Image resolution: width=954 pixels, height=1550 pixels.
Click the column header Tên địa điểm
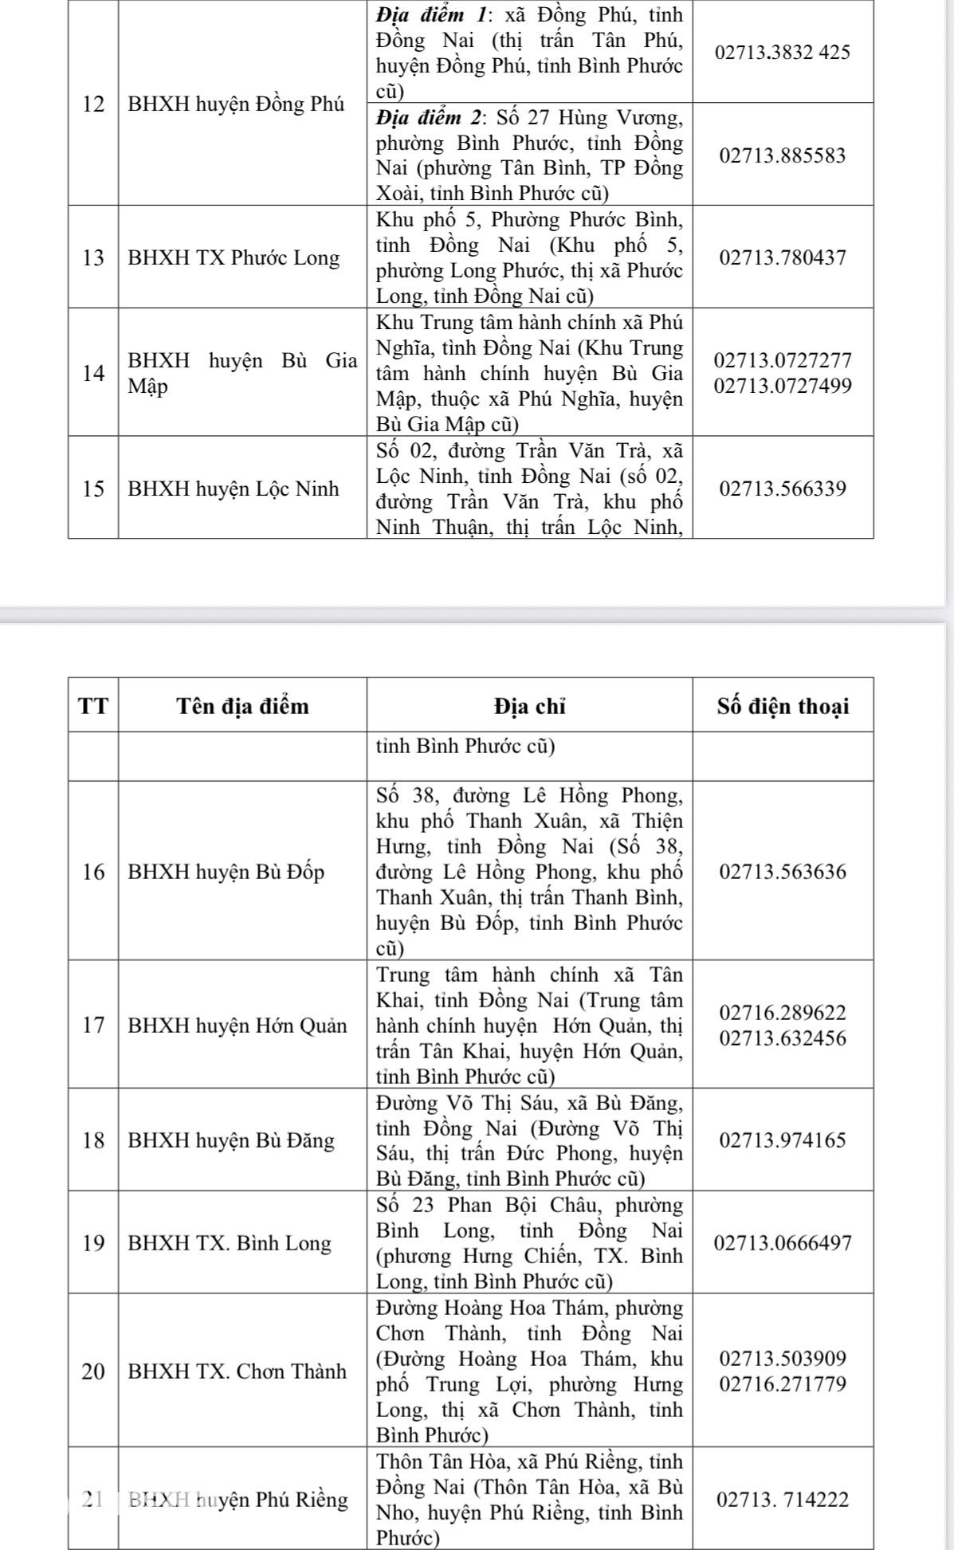(242, 706)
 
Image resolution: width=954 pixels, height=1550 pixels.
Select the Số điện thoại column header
(783, 706)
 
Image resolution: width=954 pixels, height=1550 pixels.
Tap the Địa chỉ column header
(529, 706)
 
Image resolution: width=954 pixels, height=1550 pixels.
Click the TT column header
(93, 706)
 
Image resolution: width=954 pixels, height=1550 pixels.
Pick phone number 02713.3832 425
(783, 53)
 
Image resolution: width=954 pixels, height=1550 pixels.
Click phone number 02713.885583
(783, 155)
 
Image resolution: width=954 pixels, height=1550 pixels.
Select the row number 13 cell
(93, 258)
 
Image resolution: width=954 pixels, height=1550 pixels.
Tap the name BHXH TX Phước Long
(234, 258)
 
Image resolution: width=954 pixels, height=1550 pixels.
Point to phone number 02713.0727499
(783, 387)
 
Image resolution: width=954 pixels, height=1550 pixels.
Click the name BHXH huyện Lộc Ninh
(234, 489)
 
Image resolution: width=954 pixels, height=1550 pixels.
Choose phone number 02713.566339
(783, 489)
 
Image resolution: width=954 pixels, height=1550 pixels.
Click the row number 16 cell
(93, 872)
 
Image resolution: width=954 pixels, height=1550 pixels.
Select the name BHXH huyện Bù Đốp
(226, 872)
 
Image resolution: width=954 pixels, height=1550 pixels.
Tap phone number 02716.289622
(783, 1013)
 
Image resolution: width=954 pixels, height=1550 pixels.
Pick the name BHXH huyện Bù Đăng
(231, 1140)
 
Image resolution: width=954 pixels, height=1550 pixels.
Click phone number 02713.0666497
(783, 1243)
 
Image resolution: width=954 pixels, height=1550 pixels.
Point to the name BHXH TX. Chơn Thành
(238, 1371)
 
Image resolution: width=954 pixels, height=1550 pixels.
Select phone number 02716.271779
(783, 1384)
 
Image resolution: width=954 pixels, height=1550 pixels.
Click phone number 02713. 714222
(783, 1500)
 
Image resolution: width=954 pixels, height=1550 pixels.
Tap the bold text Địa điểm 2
(430, 119)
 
